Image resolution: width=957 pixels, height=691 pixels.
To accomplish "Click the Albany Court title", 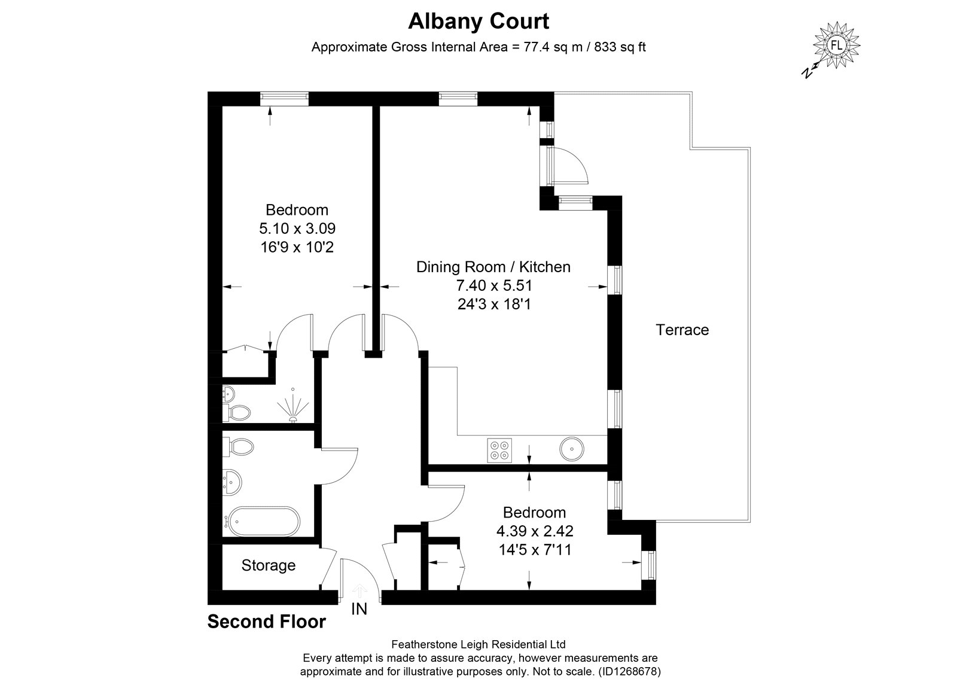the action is tap(478, 22).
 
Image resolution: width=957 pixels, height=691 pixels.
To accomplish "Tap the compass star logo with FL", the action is tap(836, 45).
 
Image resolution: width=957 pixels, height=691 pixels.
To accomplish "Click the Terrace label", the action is tap(682, 330).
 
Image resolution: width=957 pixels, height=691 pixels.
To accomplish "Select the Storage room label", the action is tap(269, 565).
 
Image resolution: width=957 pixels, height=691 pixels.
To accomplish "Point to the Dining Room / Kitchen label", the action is tap(493, 267).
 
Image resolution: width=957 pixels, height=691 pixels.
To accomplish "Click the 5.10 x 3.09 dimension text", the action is tap(297, 228).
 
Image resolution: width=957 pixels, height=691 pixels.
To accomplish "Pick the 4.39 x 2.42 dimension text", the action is tap(535, 531).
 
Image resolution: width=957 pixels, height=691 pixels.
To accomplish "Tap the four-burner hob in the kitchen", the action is tap(499, 450).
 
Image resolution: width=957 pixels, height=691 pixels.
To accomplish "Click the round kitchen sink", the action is tap(572, 449).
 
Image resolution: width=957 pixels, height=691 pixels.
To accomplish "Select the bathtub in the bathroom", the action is tap(263, 521).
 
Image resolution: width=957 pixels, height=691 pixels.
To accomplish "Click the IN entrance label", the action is tap(359, 609).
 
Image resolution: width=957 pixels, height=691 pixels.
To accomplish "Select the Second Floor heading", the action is tap(267, 622).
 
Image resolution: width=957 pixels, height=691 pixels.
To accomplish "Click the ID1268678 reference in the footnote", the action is tap(630, 671).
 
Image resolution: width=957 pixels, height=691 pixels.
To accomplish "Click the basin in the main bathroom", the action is tap(233, 483).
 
